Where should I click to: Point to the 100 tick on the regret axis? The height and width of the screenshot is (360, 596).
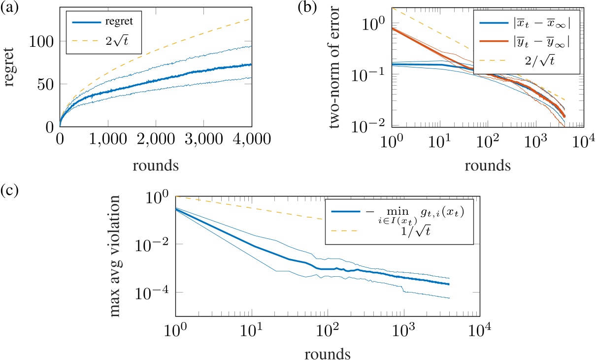[42, 41]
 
